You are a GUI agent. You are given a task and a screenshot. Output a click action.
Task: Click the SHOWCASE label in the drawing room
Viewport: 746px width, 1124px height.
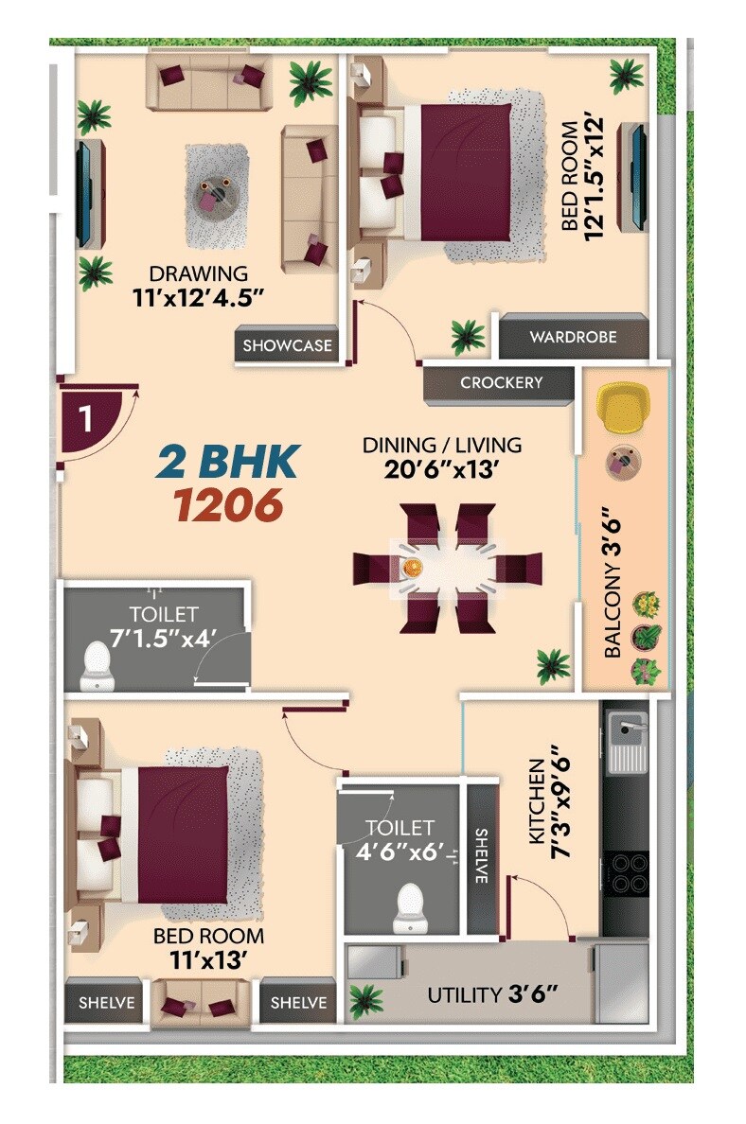(x=288, y=346)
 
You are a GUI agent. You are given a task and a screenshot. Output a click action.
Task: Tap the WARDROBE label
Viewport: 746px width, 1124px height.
(x=573, y=337)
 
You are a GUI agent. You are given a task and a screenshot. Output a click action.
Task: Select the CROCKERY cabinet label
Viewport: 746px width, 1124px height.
(x=501, y=383)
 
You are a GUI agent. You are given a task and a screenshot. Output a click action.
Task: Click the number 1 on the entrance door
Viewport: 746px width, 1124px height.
(x=85, y=419)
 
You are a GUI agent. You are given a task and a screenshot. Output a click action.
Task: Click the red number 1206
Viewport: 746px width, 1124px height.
(x=228, y=506)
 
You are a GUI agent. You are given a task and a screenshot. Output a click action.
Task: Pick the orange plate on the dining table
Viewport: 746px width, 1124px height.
(x=413, y=568)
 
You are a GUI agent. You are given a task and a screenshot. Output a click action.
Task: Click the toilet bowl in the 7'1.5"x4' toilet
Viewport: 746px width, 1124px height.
(x=96, y=665)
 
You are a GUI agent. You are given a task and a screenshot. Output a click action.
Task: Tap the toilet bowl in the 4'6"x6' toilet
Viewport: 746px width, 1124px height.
(x=410, y=905)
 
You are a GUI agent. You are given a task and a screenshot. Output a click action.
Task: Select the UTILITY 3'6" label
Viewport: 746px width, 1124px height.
(x=492, y=994)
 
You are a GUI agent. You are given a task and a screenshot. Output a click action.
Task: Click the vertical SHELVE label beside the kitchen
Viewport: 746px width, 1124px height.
(x=481, y=856)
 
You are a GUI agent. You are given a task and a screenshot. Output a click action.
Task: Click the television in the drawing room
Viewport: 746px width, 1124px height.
(x=84, y=193)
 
